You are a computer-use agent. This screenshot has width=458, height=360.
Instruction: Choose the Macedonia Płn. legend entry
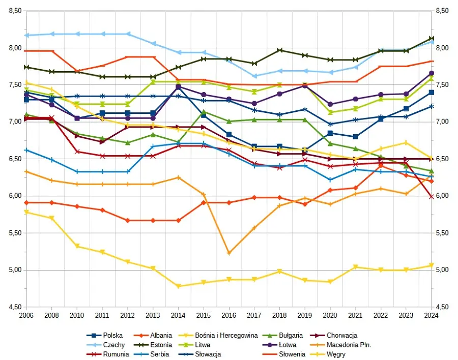pos(349,345)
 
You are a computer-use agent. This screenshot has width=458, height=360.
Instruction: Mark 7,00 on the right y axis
pos(442,122)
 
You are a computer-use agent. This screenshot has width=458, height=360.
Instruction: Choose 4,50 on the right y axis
pos(442,307)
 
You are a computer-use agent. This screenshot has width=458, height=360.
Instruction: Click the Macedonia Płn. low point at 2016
pos(229,253)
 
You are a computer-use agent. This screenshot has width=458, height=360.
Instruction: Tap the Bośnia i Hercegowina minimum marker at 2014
pos(178,286)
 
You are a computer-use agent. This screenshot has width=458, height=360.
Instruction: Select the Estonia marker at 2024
pos(432,38)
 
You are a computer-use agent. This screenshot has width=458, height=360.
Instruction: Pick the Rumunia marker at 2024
pos(432,197)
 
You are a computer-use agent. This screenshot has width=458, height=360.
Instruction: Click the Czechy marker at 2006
pos(26,36)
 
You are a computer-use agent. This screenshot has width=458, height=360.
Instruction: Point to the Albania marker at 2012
pos(127,221)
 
